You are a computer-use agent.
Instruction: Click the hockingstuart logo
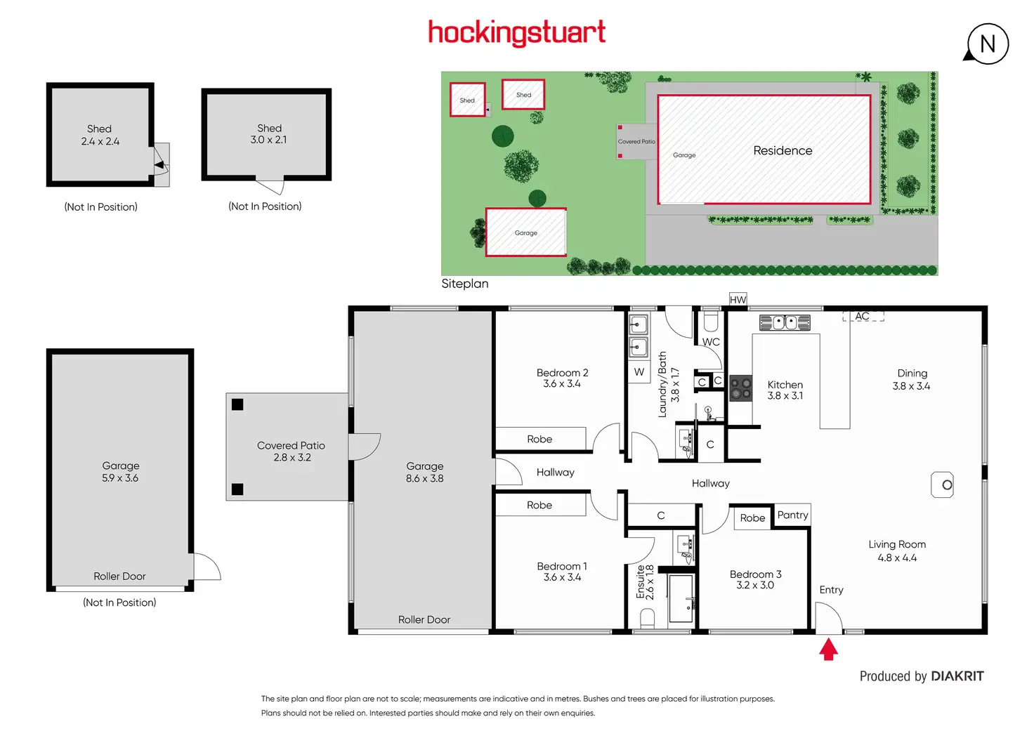(516, 33)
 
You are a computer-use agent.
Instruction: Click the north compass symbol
(987, 44)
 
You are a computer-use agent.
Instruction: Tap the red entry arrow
(829, 650)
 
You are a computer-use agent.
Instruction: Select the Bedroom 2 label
(562, 373)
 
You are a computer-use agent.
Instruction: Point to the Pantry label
(792, 515)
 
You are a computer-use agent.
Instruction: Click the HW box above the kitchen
(738, 300)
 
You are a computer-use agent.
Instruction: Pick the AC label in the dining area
(862, 317)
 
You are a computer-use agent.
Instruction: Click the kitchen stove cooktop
(740, 388)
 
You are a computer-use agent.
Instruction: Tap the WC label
(711, 342)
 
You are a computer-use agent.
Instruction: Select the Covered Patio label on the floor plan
(291, 445)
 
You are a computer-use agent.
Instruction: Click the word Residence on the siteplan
(783, 150)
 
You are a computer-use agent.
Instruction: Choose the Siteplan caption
(464, 284)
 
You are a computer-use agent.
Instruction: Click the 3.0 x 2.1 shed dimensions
(268, 140)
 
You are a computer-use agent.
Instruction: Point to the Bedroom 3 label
(755, 574)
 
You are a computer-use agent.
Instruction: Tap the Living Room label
(897, 544)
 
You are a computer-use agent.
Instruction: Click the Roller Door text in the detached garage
(119, 576)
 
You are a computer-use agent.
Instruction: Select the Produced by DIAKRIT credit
(922, 676)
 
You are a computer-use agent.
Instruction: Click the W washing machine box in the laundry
(639, 372)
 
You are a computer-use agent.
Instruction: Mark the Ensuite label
(640, 581)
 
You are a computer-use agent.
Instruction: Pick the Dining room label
(912, 373)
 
